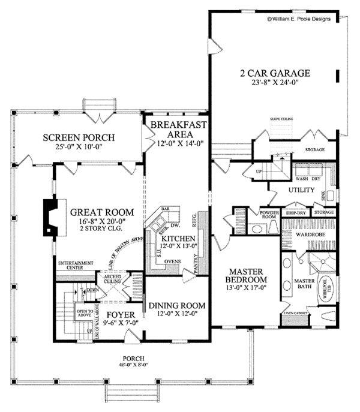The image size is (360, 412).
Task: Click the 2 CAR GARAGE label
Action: coord(275,74)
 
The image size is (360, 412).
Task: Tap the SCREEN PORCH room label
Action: coord(79,138)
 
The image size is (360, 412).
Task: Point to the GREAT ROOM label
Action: coord(98,212)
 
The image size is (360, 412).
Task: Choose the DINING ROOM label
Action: coord(177,305)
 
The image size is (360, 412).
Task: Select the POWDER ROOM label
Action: coord(267,214)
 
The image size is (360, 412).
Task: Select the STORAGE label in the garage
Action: coord(315,149)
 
